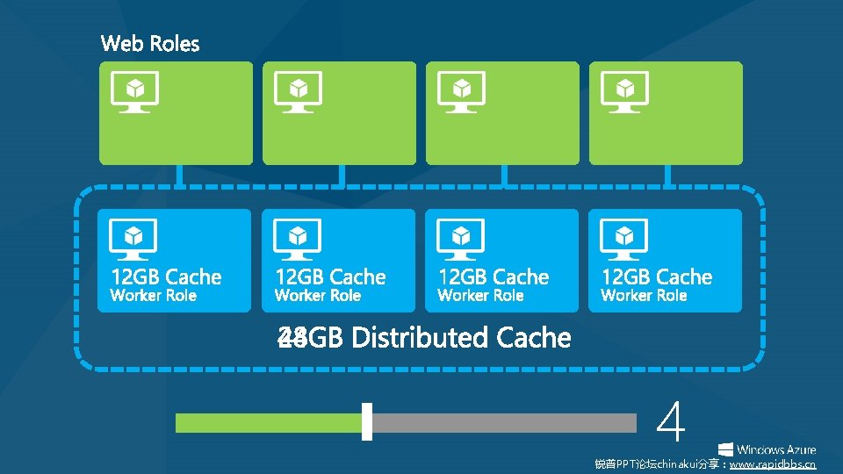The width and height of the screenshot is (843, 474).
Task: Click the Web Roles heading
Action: [150, 44]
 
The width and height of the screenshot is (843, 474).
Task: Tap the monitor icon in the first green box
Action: [133, 91]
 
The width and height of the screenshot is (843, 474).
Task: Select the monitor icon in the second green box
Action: [298, 91]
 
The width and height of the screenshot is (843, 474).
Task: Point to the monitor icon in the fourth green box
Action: [623, 91]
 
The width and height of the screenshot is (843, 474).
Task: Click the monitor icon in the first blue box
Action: [133, 238]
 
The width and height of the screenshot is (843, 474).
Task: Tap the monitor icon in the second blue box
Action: [298, 238]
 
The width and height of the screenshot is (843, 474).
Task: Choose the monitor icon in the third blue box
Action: [460, 238]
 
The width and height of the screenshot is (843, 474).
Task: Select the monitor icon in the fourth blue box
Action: [623, 238]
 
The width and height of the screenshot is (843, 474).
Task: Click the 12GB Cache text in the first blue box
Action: [166, 277]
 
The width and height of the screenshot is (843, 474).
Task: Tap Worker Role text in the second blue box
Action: [318, 296]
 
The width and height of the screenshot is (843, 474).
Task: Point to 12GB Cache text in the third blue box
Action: [494, 277]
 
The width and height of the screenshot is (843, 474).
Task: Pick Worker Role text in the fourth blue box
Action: [644, 296]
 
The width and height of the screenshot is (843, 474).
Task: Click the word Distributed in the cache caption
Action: [420, 338]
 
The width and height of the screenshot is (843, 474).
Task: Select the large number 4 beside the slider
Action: [671, 423]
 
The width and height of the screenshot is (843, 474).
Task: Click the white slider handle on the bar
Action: [367, 422]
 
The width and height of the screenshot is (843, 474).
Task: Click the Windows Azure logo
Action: [767, 448]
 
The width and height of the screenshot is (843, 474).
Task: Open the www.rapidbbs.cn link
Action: [772, 464]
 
